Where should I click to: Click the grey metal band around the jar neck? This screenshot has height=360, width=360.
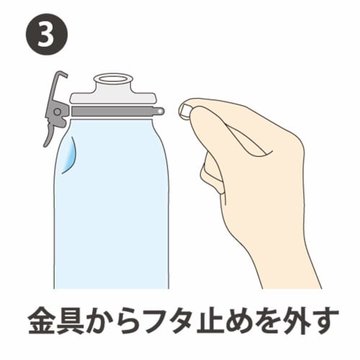tap(115, 111)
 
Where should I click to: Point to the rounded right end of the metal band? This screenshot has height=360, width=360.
tap(159, 111)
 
